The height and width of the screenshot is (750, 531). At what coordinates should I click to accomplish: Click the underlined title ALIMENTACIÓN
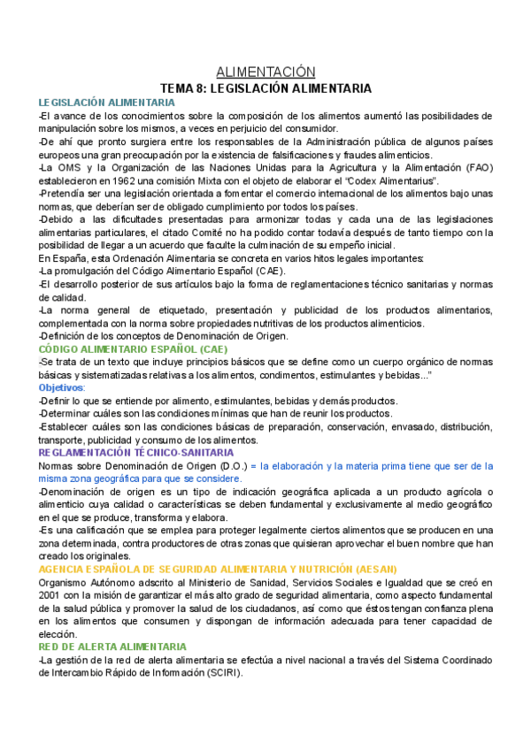265,72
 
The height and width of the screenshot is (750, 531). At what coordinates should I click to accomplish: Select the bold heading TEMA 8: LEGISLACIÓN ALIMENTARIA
265,88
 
